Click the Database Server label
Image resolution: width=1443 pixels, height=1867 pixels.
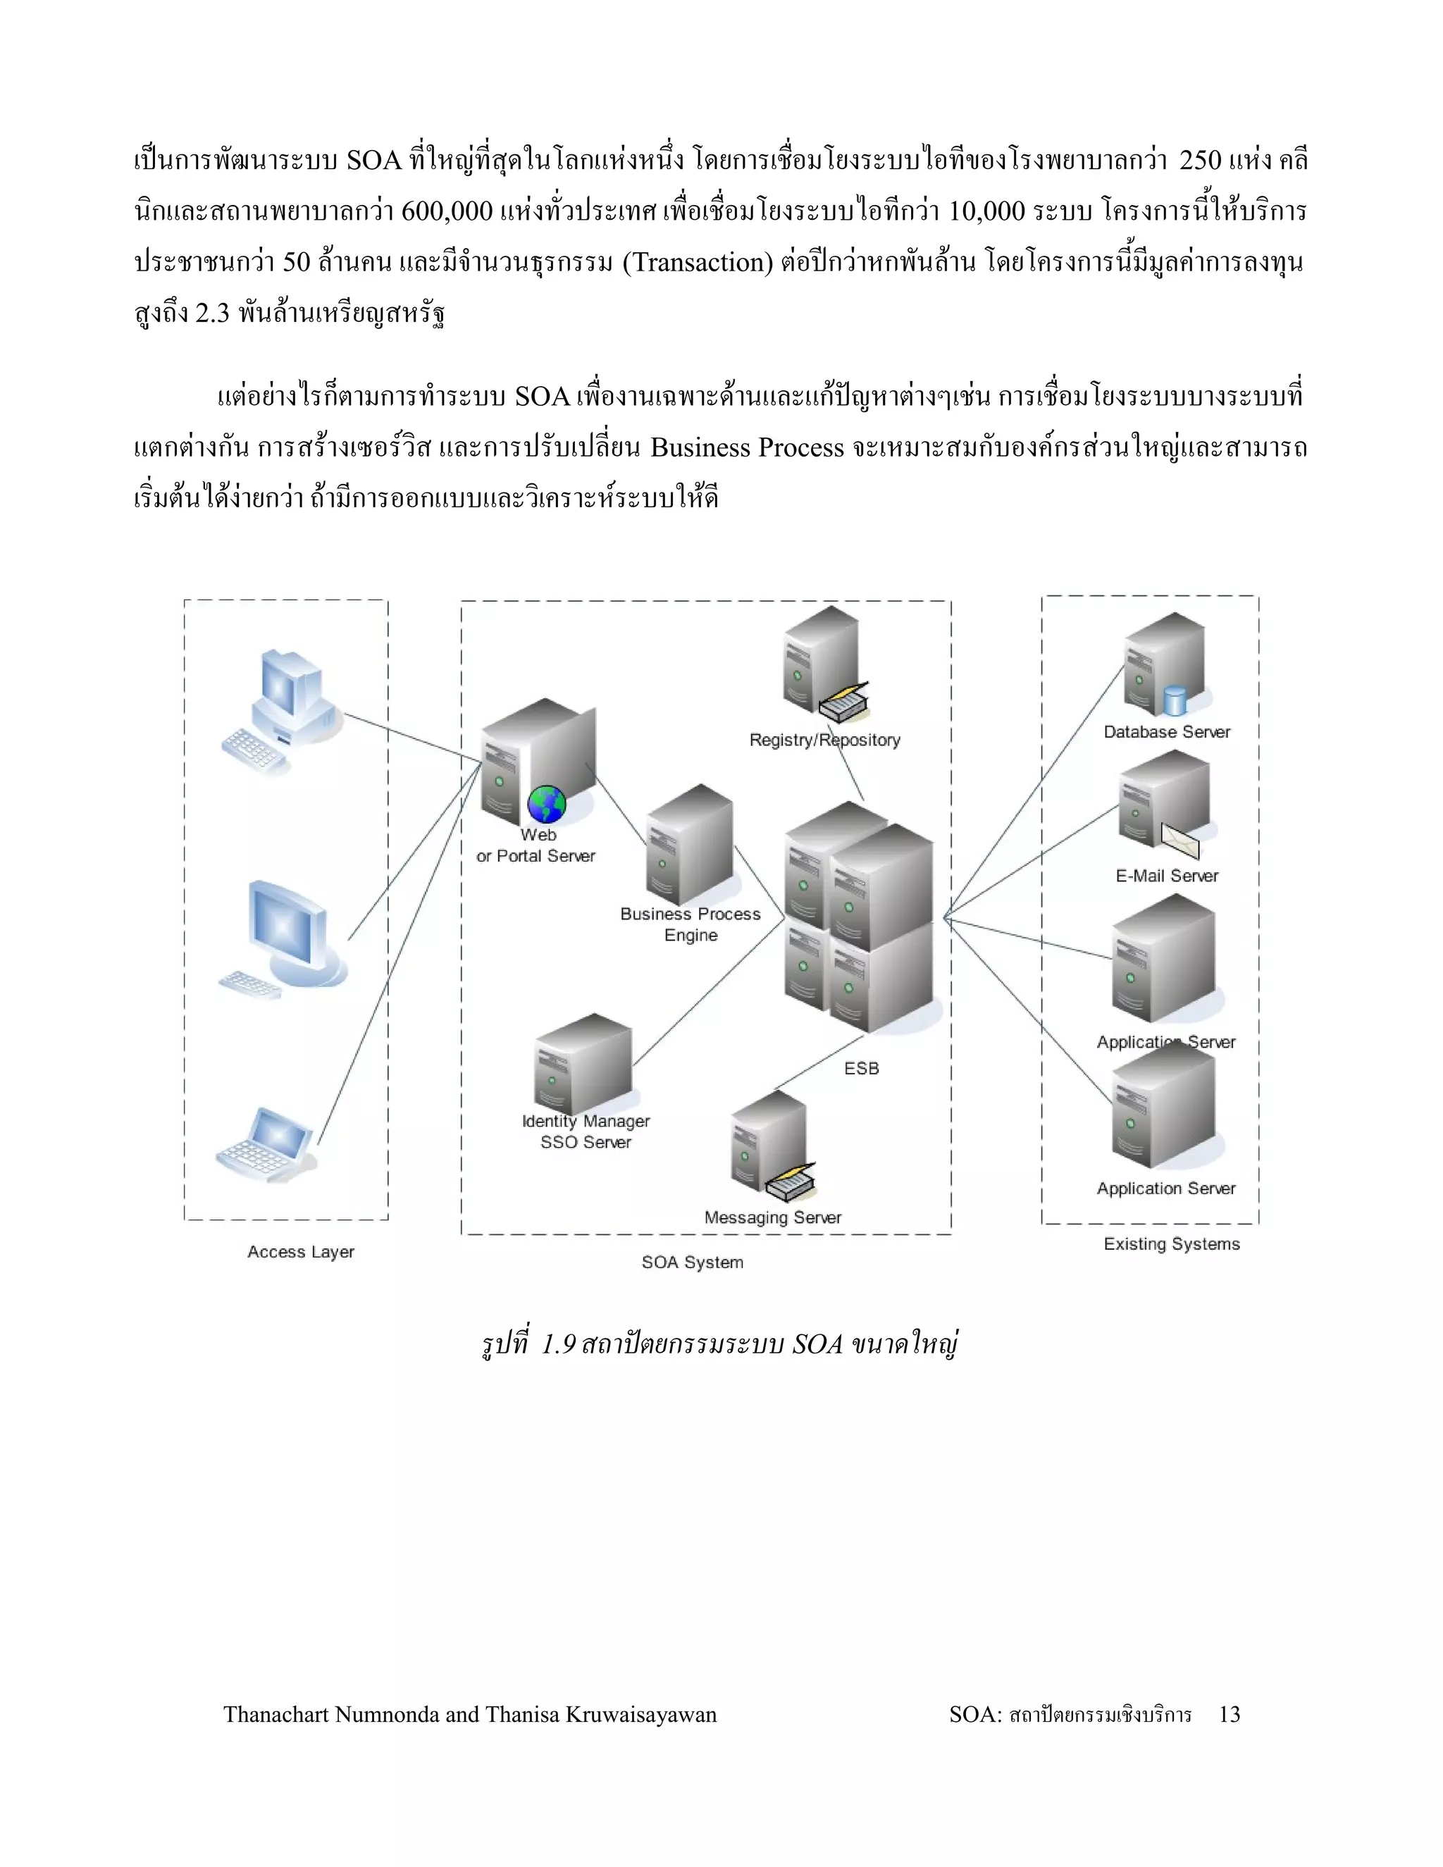[1166, 732]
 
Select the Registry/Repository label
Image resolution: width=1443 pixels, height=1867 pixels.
[825, 740]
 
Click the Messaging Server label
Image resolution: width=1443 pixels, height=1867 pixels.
[773, 1217]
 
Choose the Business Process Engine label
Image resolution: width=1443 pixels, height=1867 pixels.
[690, 924]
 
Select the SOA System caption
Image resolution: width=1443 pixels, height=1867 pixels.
[693, 1262]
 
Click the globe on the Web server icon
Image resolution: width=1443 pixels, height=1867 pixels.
[547, 805]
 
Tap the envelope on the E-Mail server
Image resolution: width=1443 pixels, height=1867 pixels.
[1181, 841]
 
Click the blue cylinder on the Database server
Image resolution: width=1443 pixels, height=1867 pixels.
[1175, 701]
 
